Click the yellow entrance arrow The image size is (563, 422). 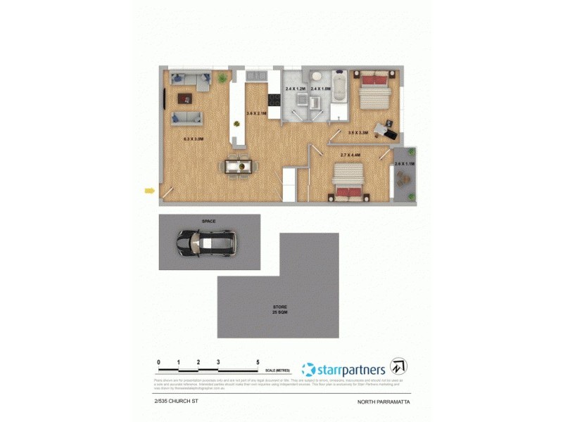(x=148, y=189)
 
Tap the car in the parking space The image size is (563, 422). (x=206, y=243)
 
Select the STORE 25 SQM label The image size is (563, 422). (x=280, y=309)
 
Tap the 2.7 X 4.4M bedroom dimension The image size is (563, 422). (x=350, y=155)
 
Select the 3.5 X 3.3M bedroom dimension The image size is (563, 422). (x=358, y=132)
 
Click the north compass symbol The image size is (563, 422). (x=399, y=366)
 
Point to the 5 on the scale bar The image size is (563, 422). (x=258, y=362)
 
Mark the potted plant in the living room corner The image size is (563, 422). (x=223, y=77)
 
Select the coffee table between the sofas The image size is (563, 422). (x=184, y=98)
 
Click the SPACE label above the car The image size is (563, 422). (x=208, y=221)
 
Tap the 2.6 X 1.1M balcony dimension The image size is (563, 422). (x=405, y=163)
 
